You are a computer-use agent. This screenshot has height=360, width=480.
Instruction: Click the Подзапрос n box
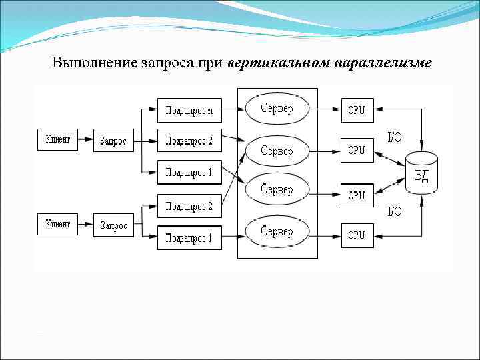[189, 109]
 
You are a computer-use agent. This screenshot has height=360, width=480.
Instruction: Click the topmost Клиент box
[58, 140]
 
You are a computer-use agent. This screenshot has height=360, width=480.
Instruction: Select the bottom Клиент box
[58, 225]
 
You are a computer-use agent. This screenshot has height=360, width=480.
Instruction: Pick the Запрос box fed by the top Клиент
[113, 141]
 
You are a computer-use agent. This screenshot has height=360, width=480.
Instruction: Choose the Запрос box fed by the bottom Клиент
[113, 225]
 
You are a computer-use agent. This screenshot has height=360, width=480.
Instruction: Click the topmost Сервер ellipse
[277, 108]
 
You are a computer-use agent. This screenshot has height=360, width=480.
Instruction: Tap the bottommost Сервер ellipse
[277, 232]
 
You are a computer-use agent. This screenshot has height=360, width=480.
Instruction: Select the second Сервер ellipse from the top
[277, 151]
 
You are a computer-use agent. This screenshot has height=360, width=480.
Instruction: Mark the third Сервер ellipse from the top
[277, 190]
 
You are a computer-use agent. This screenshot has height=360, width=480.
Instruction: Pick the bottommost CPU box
[357, 235]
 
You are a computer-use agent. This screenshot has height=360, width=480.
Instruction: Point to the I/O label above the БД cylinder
[395, 137]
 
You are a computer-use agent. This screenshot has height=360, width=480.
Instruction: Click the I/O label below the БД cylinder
[395, 211]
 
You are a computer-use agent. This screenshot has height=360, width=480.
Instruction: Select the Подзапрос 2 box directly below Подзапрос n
[189, 141]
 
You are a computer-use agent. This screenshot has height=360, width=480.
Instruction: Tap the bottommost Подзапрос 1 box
[189, 237]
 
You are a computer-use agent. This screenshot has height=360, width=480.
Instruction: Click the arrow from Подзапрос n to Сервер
[233, 108]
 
